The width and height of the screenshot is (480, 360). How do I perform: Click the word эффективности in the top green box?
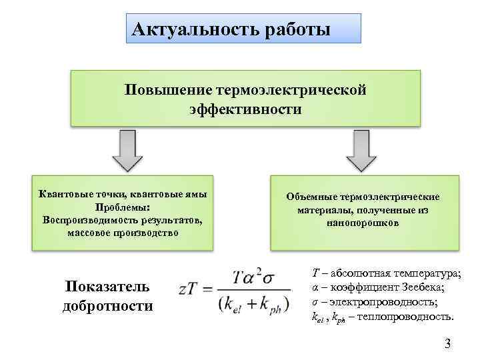coord(245,108)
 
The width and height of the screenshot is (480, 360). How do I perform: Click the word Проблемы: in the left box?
coord(123,207)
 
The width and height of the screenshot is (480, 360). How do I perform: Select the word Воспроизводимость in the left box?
coord(87,219)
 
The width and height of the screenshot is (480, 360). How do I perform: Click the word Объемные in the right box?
coord(311,197)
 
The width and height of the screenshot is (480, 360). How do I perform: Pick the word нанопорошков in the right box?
coord(363,223)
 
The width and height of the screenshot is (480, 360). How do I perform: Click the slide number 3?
coord(447,344)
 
